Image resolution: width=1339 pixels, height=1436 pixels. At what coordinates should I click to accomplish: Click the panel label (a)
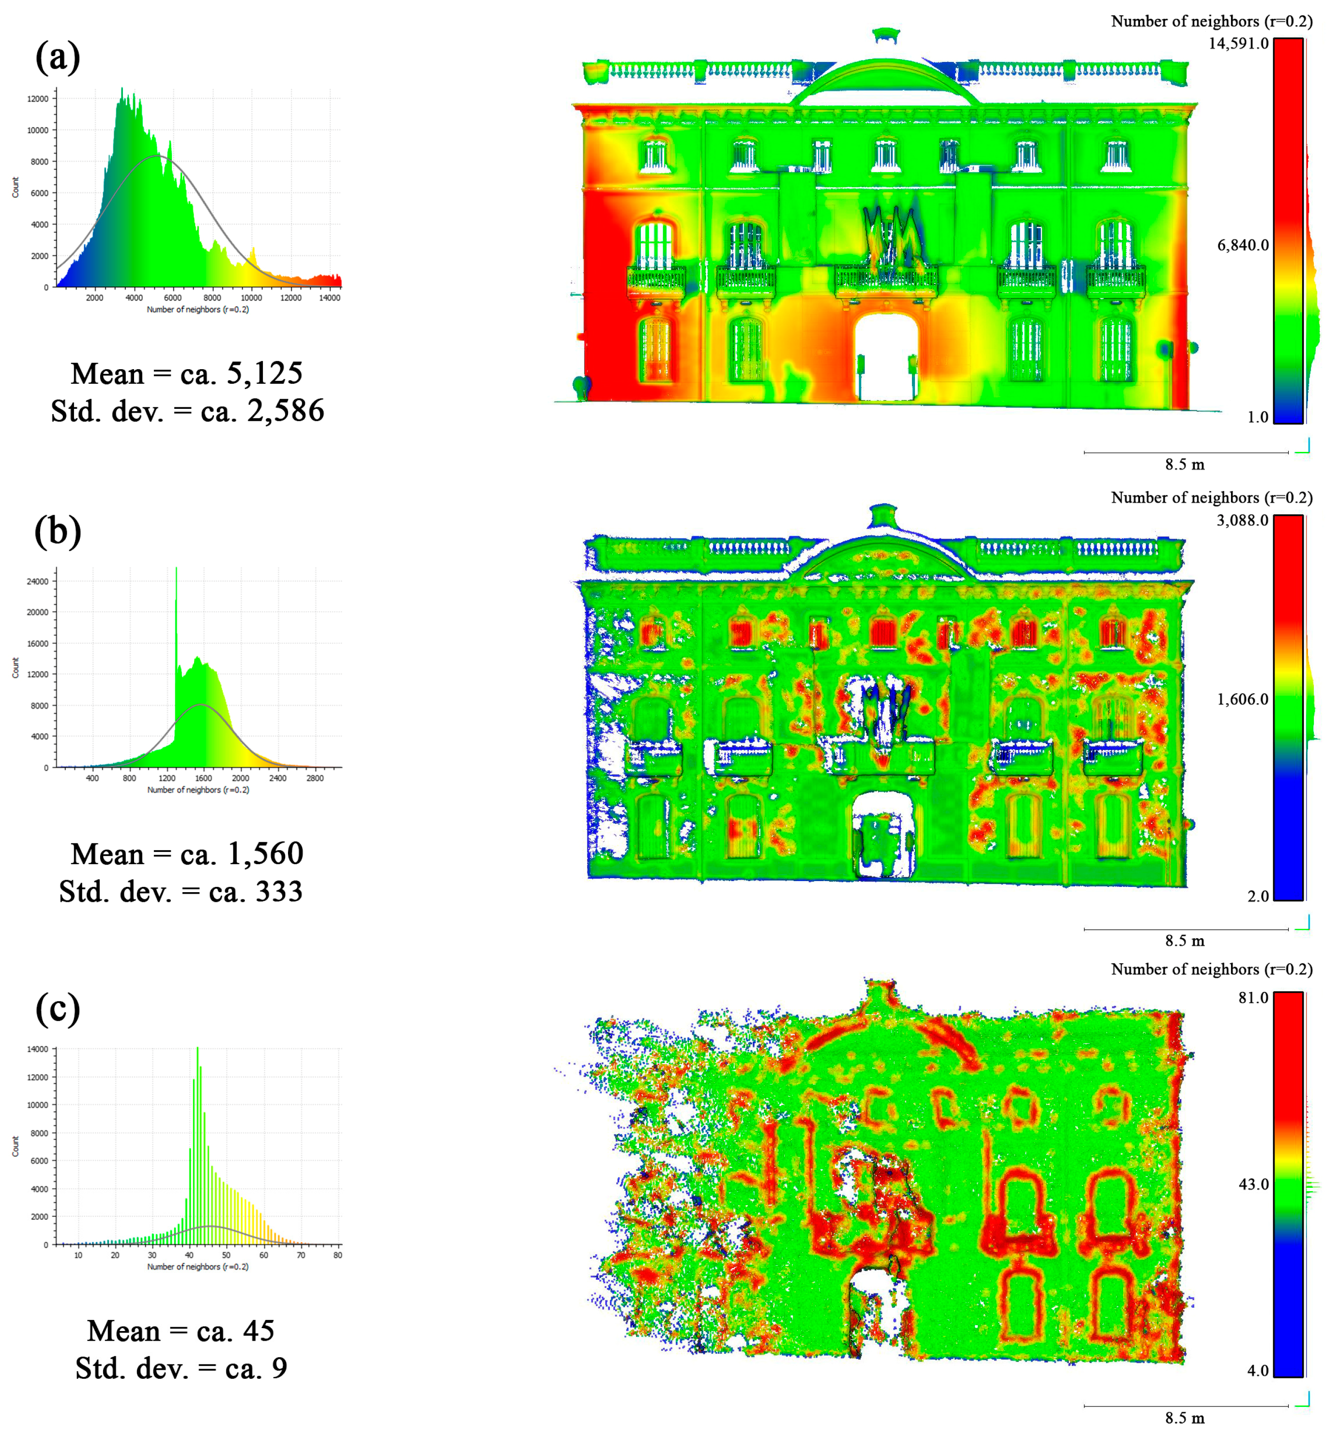pyautogui.click(x=57, y=58)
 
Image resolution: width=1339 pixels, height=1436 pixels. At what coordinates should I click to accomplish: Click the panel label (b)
pyautogui.click(x=57, y=532)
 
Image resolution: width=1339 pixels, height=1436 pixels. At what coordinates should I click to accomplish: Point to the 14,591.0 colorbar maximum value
pyautogui.click(x=1238, y=44)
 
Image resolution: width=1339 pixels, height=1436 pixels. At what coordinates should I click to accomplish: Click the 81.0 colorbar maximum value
pyautogui.click(x=1253, y=998)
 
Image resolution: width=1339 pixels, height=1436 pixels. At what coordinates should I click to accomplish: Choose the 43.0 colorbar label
pyautogui.click(x=1253, y=1184)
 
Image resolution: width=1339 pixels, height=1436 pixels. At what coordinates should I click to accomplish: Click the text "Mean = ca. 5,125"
pyautogui.click(x=186, y=374)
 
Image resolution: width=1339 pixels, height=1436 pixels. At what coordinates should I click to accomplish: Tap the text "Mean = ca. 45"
pyautogui.click(x=181, y=1331)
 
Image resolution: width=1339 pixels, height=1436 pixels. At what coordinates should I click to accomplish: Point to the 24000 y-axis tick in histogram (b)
pyautogui.click(x=38, y=582)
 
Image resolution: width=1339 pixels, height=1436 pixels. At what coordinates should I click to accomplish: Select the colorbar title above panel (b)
pyautogui.click(x=1211, y=498)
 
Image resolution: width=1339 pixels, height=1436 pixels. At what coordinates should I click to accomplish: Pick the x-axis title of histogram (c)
pyautogui.click(x=198, y=1267)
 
